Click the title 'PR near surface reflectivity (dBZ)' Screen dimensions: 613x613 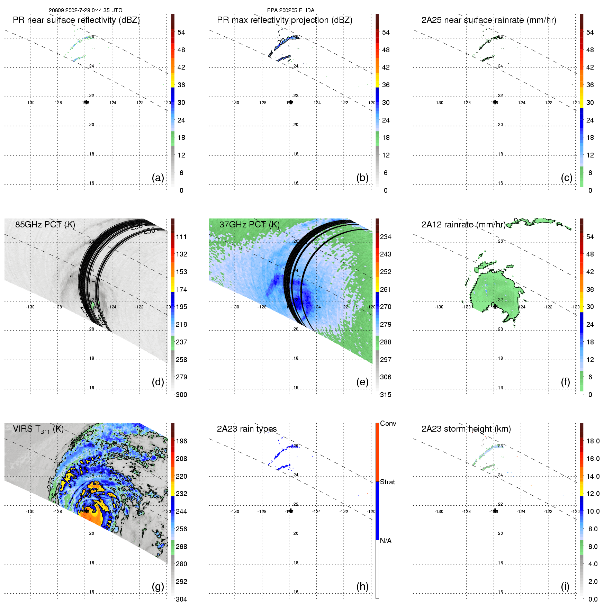tap(76, 20)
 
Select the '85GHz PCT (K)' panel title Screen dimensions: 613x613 tap(45, 225)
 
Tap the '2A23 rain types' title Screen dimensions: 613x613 tap(247, 429)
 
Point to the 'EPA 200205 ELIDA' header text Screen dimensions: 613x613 tap(291, 10)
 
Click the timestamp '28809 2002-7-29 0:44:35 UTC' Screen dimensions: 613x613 tap(85, 10)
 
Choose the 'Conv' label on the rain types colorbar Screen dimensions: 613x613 tap(388, 423)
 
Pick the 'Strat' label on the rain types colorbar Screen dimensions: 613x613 tap(387, 482)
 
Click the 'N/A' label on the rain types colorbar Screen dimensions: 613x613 tap(386, 541)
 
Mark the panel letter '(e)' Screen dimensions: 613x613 tap(362, 382)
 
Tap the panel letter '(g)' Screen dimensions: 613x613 tap(158, 586)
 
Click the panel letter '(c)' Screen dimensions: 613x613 tap(567, 178)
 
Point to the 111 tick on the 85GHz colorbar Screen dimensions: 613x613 tap(181, 237)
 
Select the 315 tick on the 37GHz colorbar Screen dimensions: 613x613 tap(386, 395)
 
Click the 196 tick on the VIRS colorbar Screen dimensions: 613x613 tap(181, 441)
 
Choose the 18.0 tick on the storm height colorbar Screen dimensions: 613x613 tap(593, 441)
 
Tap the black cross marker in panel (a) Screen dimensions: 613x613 tap(86, 102)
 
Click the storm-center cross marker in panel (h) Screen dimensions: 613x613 tap(291, 511)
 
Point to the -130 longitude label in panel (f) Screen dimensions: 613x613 tap(439, 307)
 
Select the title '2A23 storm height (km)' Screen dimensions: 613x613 tap(466, 429)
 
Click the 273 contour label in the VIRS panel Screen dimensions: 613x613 tap(51, 484)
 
